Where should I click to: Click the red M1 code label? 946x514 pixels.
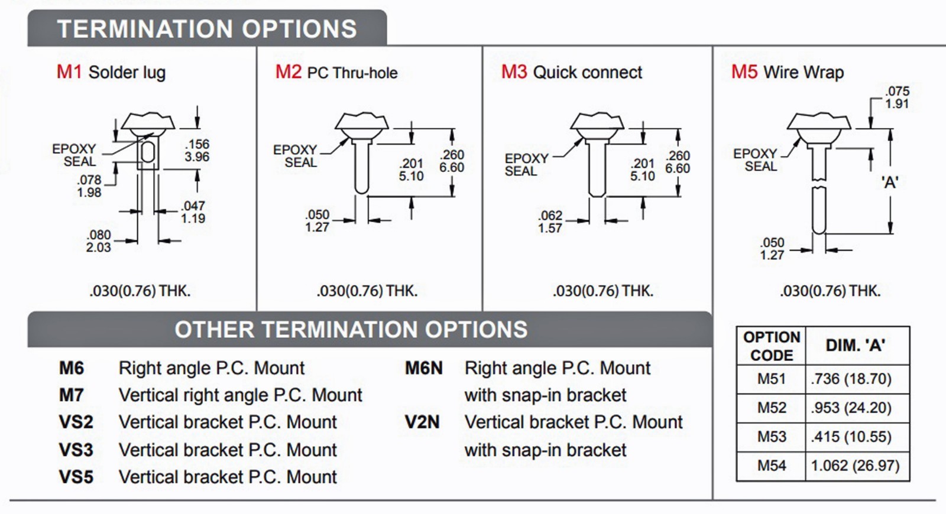[69, 72]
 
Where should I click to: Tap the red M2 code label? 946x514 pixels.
[288, 72]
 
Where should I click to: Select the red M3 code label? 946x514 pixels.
[514, 72]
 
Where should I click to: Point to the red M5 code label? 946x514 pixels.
[744, 72]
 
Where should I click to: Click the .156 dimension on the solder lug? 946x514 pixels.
[197, 144]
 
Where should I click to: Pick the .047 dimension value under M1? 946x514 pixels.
[193, 206]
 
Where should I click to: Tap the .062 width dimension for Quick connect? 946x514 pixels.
[550, 216]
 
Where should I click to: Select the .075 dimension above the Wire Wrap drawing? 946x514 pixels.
[897, 92]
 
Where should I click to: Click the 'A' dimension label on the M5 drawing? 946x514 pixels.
[890, 183]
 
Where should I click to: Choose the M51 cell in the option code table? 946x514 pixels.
[771, 379]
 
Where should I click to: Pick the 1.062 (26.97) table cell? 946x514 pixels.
[855, 466]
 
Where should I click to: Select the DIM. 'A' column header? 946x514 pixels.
[855, 346]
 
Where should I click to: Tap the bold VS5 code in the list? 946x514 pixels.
[76, 477]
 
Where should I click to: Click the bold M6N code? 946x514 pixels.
[423, 368]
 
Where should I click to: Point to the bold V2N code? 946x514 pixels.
[422, 422]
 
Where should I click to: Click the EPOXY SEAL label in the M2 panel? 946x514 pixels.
[295, 156]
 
